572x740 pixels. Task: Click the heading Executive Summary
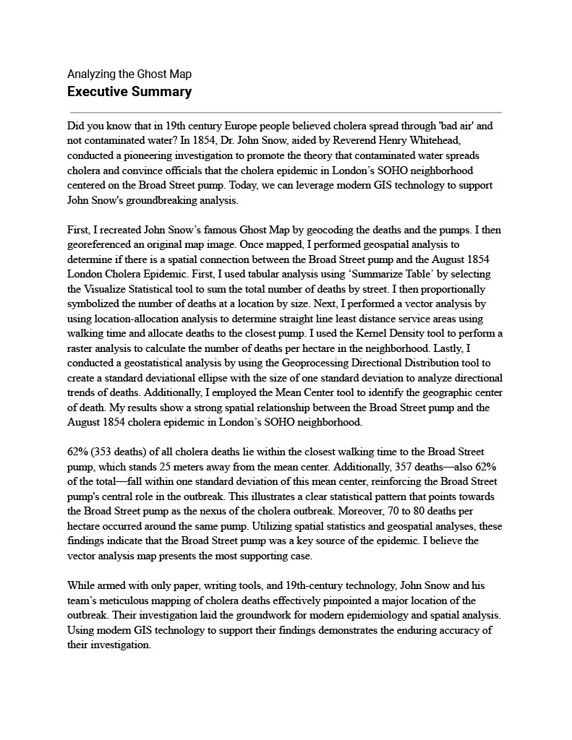[x=129, y=92]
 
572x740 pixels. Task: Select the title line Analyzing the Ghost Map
[x=129, y=74]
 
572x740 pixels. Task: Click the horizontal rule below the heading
[x=286, y=113]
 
